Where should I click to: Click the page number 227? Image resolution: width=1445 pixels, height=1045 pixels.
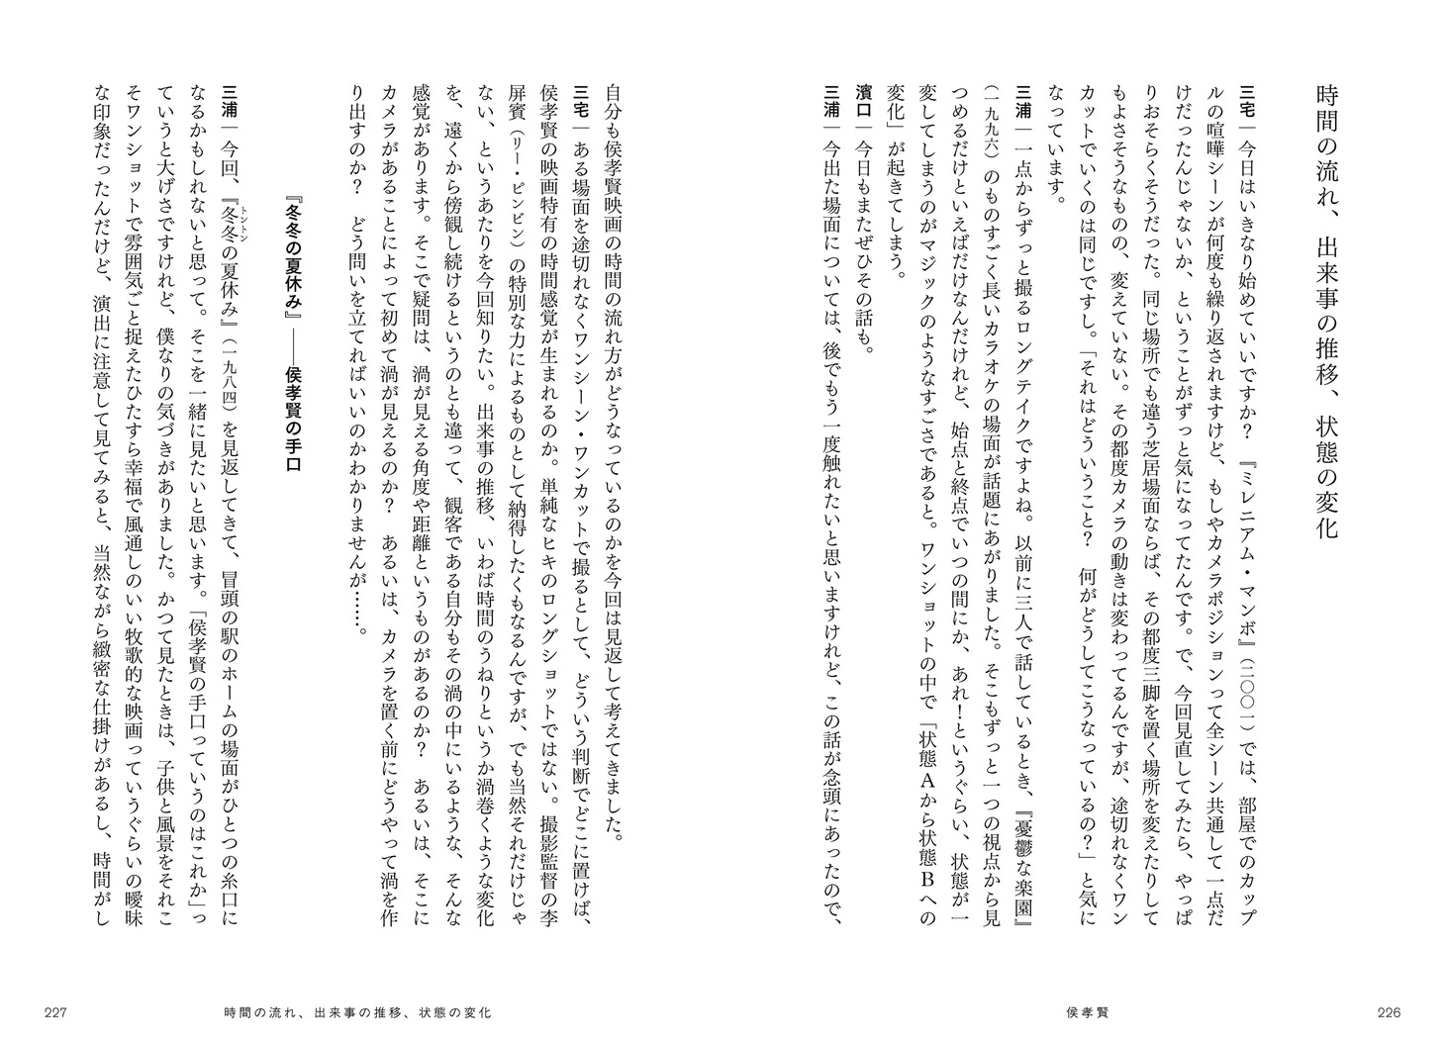pyautogui.click(x=55, y=1012)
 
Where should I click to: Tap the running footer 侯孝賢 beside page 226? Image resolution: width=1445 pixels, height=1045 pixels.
pyautogui.click(x=1090, y=1012)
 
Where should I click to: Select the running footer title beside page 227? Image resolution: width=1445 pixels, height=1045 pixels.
pyautogui.click(x=357, y=1012)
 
